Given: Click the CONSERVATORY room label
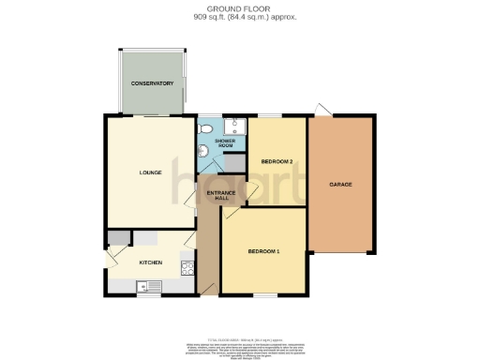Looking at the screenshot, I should click(152, 83).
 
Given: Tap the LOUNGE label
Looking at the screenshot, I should click(150, 172).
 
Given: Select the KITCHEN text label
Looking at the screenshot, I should click(151, 263).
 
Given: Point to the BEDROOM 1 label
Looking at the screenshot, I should click(263, 252).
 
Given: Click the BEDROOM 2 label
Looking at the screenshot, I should click(277, 161).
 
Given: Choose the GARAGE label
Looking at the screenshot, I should click(340, 185).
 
